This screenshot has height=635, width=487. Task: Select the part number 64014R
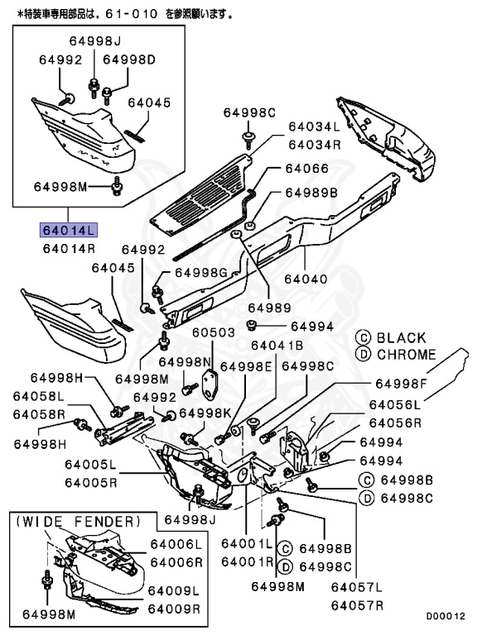coord(70,247)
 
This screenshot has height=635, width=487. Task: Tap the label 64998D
coord(129,60)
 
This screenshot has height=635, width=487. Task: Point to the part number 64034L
coord(314,127)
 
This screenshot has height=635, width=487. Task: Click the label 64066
coord(306,168)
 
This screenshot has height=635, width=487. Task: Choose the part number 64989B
coord(311,192)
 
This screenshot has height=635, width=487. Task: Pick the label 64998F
coord(402,384)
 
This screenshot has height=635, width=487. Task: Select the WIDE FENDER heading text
coord(77,522)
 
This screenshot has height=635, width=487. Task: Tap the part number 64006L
coord(175,545)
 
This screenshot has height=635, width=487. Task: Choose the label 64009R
coord(174,609)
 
